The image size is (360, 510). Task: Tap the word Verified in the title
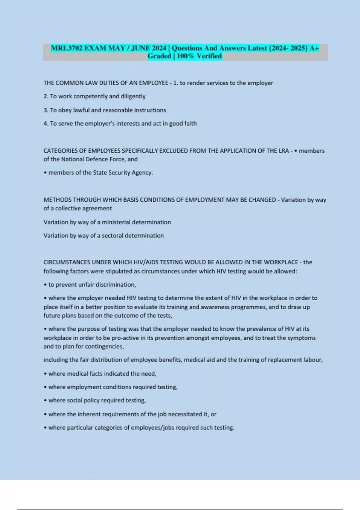(x=209, y=56)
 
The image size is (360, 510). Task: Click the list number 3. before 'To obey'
(x=46, y=110)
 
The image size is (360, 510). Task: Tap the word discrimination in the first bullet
(x=115, y=285)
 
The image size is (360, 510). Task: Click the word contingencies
(x=104, y=346)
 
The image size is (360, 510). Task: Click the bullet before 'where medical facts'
(x=45, y=374)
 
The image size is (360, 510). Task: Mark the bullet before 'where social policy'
(x=45, y=400)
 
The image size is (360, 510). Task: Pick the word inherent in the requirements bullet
(x=88, y=414)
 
